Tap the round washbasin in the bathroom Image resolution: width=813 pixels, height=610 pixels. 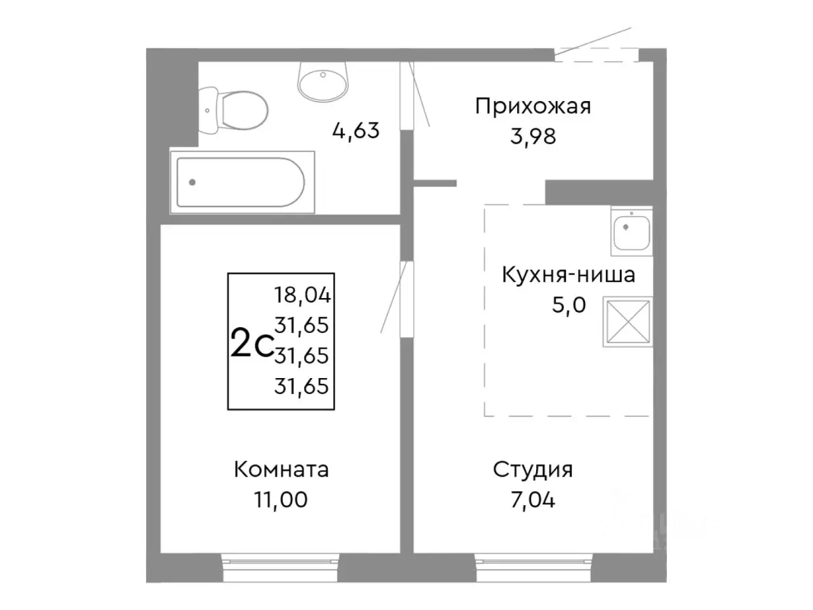[x=323, y=81]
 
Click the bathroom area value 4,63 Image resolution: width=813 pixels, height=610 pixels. [x=356, y=130]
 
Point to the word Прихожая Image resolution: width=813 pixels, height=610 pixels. [x=533, y=105]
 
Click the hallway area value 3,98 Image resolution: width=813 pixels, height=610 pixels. [x=533, y=135]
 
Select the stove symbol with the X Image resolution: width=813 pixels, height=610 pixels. [x=628, y=322]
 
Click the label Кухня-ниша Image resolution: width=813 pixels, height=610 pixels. [x=568, y=275]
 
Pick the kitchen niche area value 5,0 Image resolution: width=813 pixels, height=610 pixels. [x=568, y=305]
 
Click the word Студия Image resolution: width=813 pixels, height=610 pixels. [x=533, y=470]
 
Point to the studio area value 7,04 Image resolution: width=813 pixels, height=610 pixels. [x=533, y=500]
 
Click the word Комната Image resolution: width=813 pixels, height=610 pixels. [x=281, y=470]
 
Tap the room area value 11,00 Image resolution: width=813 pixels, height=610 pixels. [x=281, y=500]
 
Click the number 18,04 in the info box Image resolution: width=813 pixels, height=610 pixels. [x=302, y=295]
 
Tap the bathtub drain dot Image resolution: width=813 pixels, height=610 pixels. [x=192, y=182]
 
